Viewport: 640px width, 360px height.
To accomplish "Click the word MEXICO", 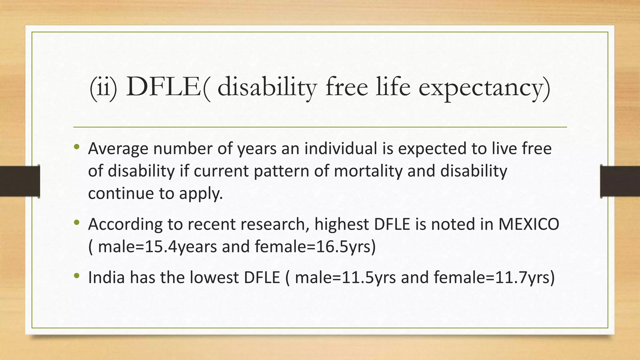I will pos(528,224).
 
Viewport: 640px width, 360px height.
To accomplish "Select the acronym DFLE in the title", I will pos(163,87).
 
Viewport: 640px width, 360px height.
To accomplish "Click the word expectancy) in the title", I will pos(484,88).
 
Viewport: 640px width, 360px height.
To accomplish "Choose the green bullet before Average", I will pos(77,147).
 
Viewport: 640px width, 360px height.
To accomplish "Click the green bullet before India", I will pos(77,276).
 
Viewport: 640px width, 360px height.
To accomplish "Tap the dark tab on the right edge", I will pos(620,181).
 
